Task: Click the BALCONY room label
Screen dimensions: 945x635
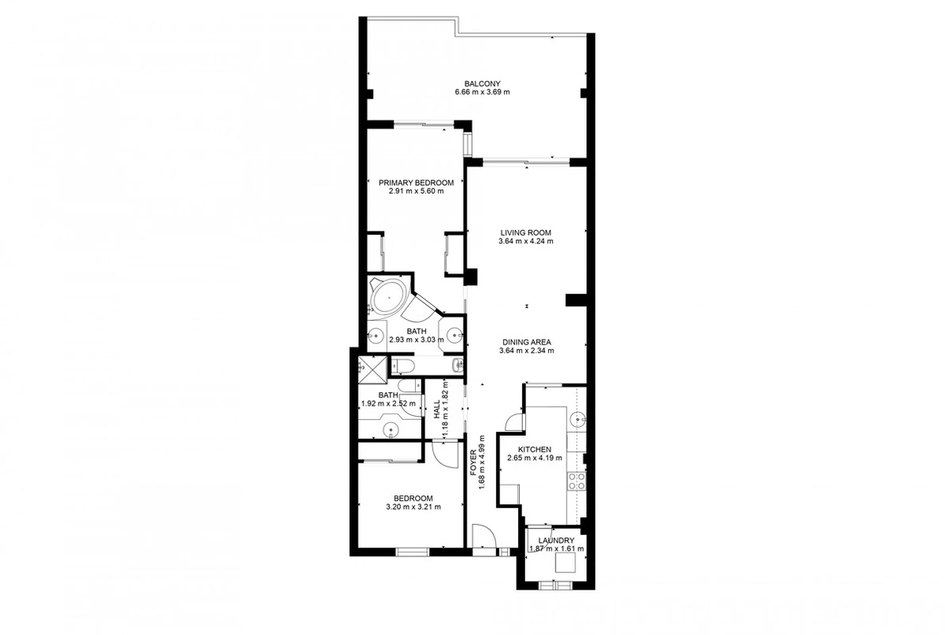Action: tap(482, 84)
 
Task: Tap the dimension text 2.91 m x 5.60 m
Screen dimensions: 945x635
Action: tap(416, 191)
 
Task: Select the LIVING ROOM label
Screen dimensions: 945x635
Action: tap(525, 233)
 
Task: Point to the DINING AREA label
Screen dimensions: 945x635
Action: tap(526, 342)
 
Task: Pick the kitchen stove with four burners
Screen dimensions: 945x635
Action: tap(577, 481)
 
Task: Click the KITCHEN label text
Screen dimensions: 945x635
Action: tap(535, 450)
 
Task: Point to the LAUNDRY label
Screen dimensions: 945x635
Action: tap(556, 541)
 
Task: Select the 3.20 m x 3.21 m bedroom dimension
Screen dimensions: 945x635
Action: tap(413, 506)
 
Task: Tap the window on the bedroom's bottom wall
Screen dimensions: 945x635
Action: tap(413, 550)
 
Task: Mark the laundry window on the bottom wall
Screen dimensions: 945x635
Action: tap(555, 583)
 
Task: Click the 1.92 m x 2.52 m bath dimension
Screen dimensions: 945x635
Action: tap(387, 404)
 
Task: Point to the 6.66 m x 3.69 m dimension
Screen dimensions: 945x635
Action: tap(482, 92)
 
